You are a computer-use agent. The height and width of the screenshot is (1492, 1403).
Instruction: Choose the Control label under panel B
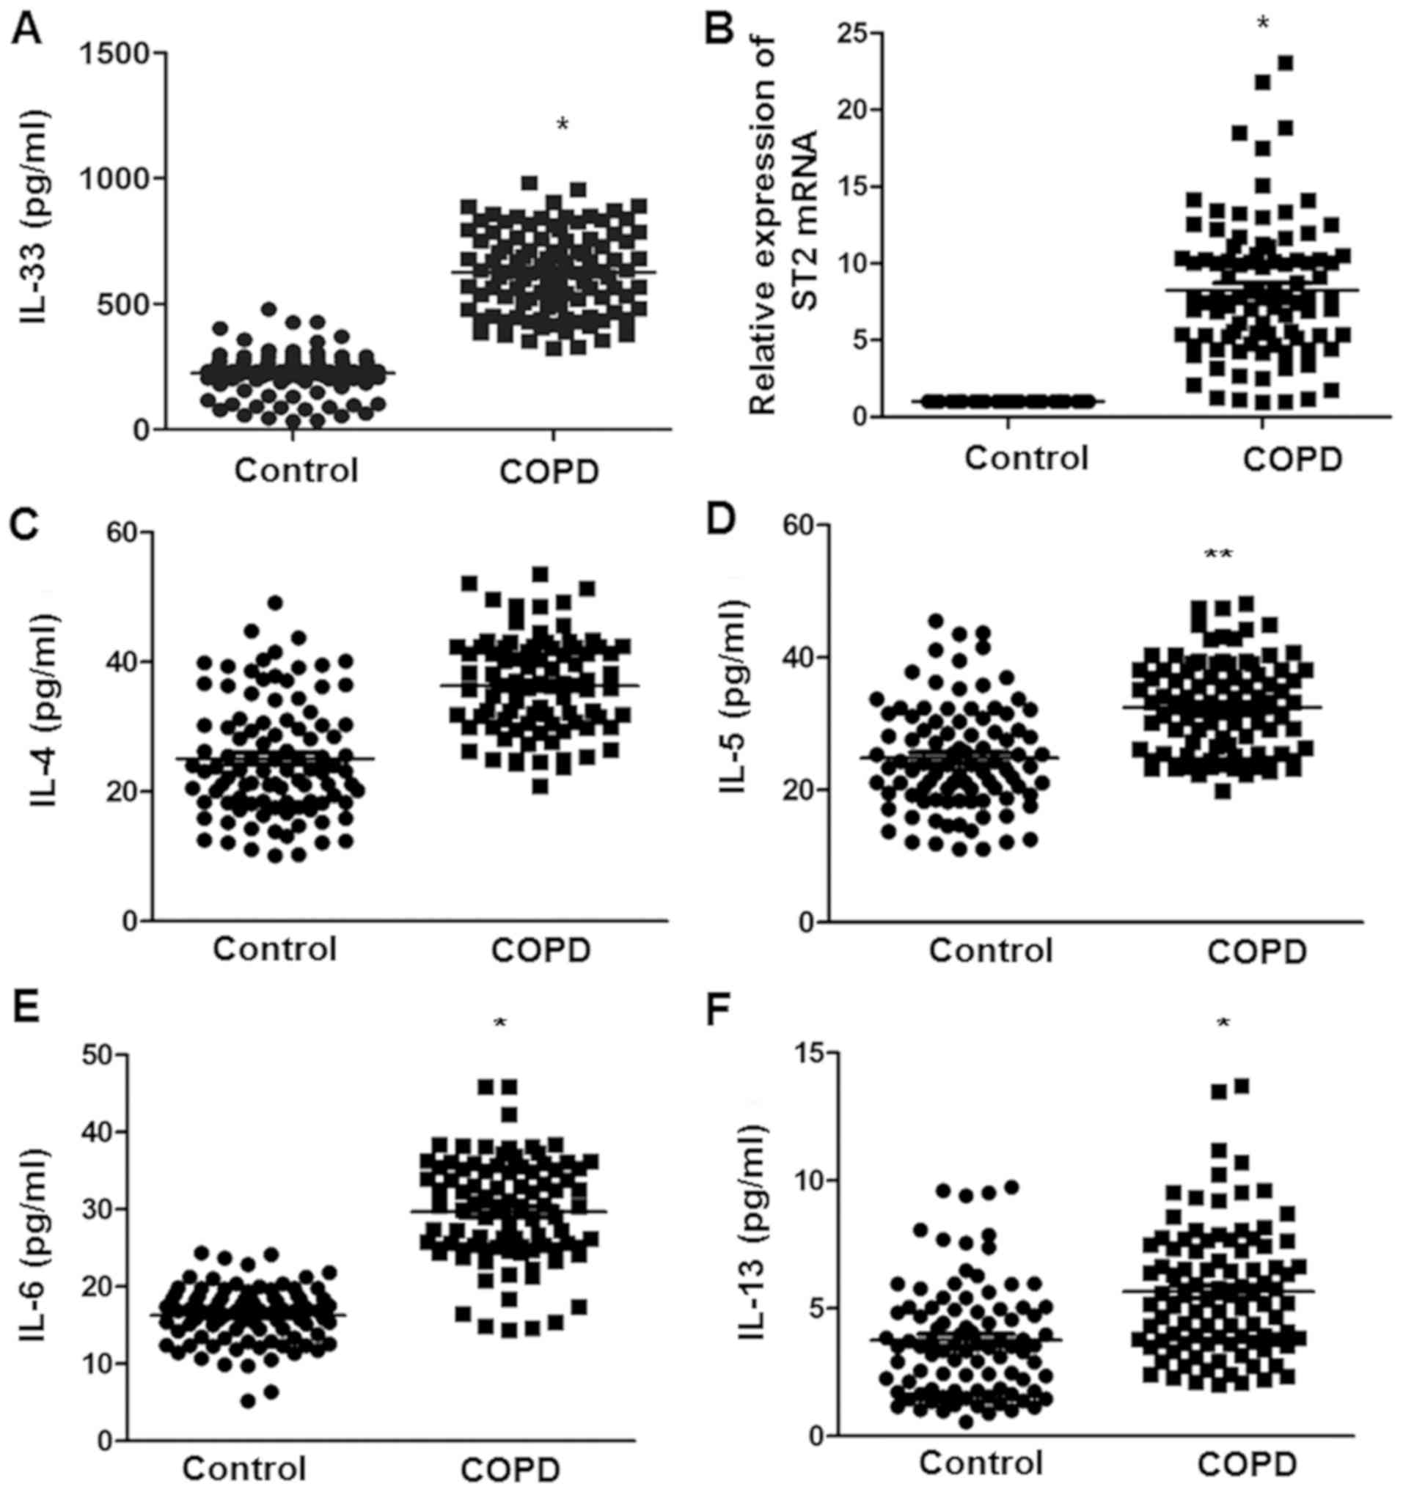pos(1026,457)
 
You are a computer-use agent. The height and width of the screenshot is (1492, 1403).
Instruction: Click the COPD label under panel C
pos(541,950)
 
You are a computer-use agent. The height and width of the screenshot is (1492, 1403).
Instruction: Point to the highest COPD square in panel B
pos(1285,63)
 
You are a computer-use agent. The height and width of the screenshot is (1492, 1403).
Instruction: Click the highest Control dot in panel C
pos(276,603)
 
